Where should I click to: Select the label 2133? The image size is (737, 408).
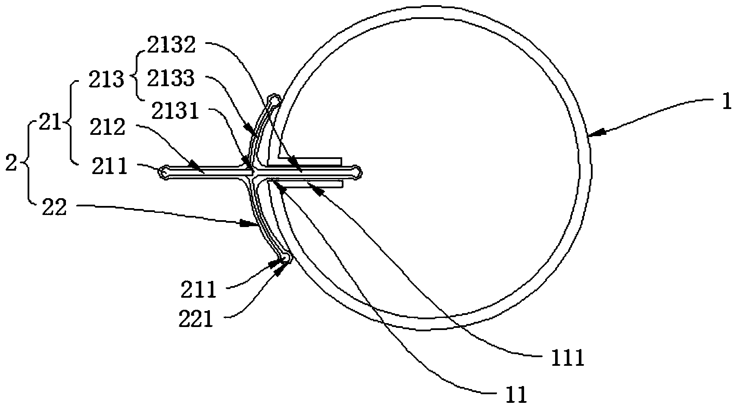click(x=171, y=78)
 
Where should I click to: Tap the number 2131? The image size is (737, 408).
click(x=175, y=111)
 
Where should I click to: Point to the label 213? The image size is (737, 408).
click(x=106, y=80)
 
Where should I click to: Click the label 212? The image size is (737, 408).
click(x=107, y=128)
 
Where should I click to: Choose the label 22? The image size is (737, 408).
click(x=54, y=208)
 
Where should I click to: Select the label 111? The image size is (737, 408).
click(x=568, y=357)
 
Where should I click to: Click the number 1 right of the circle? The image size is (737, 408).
click(x=727, y=103)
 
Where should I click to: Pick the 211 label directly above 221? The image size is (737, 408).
click(x=198, y=290)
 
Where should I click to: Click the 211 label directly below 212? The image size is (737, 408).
click(x=110, y=166)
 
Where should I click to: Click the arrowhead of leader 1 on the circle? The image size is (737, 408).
click(x=595, y=134)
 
